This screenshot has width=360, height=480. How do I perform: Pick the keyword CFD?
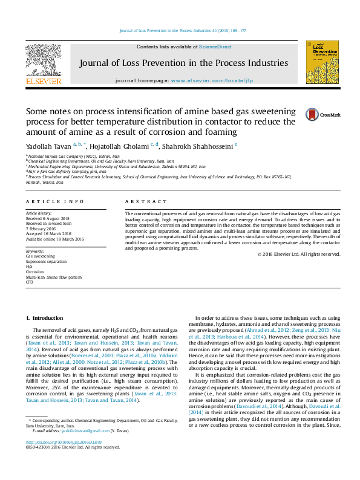(29, 282)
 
